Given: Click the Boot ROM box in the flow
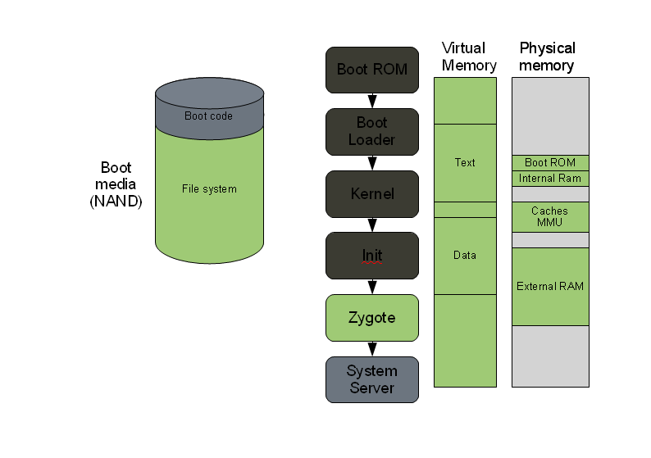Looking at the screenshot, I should (x=371, y=70).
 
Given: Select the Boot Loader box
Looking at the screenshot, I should (x=371, y=131).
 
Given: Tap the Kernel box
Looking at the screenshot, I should (x=371, y=194).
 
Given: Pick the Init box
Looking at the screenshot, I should (x=371, y=256).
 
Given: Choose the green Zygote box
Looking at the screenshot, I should (x=371, y=318).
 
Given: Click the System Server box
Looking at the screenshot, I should (x=371, y=379).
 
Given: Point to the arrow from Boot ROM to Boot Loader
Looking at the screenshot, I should (x=372, y=100).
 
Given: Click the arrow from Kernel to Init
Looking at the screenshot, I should (x=372, y=224).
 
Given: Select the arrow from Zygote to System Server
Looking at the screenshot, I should (x=372, y=348).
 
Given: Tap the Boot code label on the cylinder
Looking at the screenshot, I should (x=208, y=116).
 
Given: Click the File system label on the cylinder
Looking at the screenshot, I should (x=209, y=189).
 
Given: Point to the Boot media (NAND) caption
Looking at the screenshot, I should (x=116, y=184).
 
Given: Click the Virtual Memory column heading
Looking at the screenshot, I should (x=464, y=57).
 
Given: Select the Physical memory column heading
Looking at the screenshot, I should (x=548, y=57).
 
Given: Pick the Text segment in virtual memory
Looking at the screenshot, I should (x=465, y=162).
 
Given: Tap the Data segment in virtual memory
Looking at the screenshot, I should (x=465, y=256).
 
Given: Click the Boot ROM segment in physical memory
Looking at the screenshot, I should (x=550, y=163).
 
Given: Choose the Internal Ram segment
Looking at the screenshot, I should (x=550, y=179).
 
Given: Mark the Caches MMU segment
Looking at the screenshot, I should (x=550, y=217).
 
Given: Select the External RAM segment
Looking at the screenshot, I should (x=550, y=287).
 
